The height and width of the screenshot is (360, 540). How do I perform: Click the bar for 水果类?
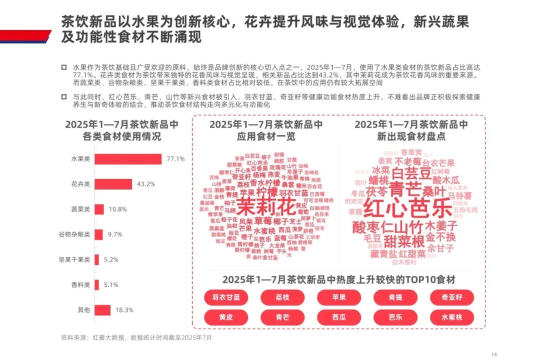click(x=128, y=159)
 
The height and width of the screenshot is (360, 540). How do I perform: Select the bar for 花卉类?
click(x=113, y=184)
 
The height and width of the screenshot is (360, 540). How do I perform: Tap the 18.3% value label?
click(x=124, y=310)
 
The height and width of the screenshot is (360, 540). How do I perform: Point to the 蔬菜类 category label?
click(x=80, y=209)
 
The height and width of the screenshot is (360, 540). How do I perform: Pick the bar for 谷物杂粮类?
click(x=99, y=234)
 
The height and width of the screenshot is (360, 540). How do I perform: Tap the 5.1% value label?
click(x=110, y=285)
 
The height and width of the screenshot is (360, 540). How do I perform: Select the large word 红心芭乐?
click(x=407, y=207)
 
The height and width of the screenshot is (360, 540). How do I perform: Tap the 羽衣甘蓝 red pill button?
click(x=226, y=297)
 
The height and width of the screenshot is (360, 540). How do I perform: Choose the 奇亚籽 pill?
click(x=451, y=297)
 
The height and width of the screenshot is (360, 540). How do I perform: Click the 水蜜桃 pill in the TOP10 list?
click(x=451, y=317)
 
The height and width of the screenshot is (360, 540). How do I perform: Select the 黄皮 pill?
click(x=226, y=317)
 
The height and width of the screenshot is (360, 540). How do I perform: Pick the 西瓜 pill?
click(x=339, y=317)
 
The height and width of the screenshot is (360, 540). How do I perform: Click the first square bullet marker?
click(x=63, y=66)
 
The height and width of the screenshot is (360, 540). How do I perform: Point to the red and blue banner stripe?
click(x=25, y=36)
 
